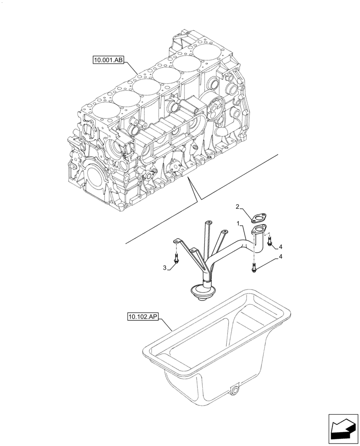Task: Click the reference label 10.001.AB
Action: point(107,59)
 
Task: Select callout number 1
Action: point(239,223)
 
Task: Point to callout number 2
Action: point(238,206)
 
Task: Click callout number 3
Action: point(164,268)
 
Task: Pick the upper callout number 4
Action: point(281,247)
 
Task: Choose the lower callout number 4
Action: point(281,257)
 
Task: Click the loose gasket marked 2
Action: point(257,218)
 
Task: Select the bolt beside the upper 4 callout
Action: point(270,241)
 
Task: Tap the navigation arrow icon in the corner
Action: point(343,429)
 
